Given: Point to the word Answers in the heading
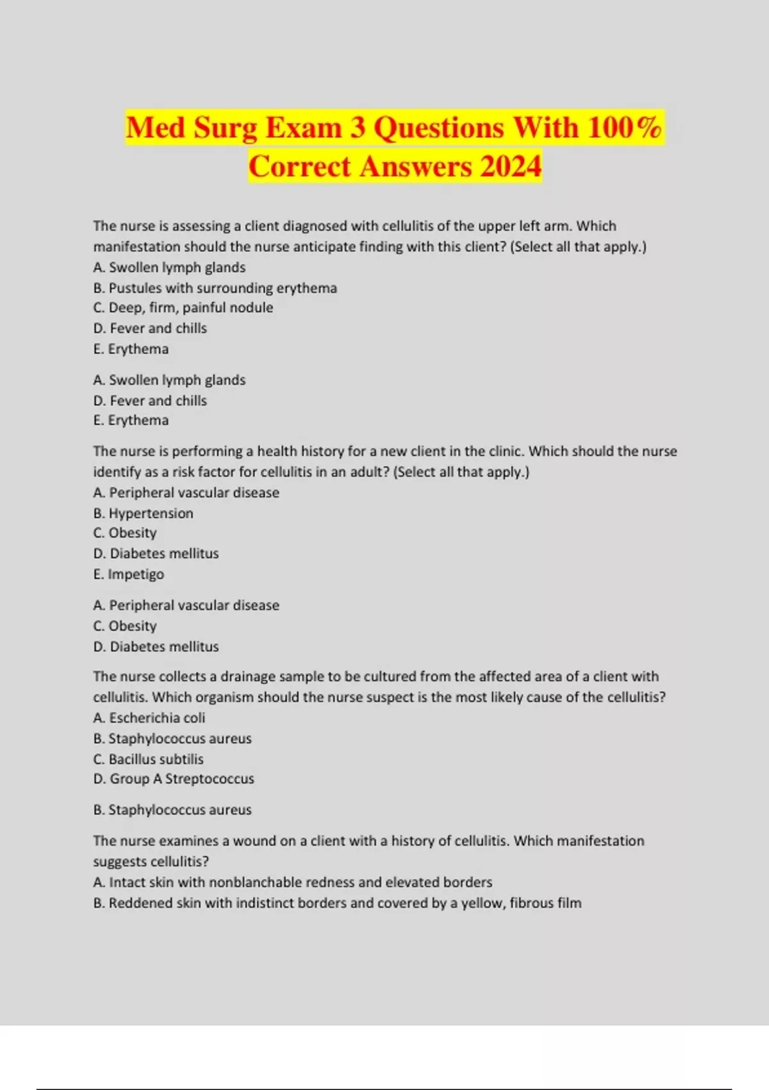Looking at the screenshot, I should (415, 166).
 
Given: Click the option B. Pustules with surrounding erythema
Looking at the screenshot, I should (215, 288).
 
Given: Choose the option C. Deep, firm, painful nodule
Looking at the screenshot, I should (183, 308).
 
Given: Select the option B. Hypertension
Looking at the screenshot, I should (143, 513).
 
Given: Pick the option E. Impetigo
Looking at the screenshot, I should (128, 574).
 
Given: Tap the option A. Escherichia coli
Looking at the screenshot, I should (149, 717).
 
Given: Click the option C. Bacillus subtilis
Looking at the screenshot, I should (148, 759).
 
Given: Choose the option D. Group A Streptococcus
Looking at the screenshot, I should (174, 778).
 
